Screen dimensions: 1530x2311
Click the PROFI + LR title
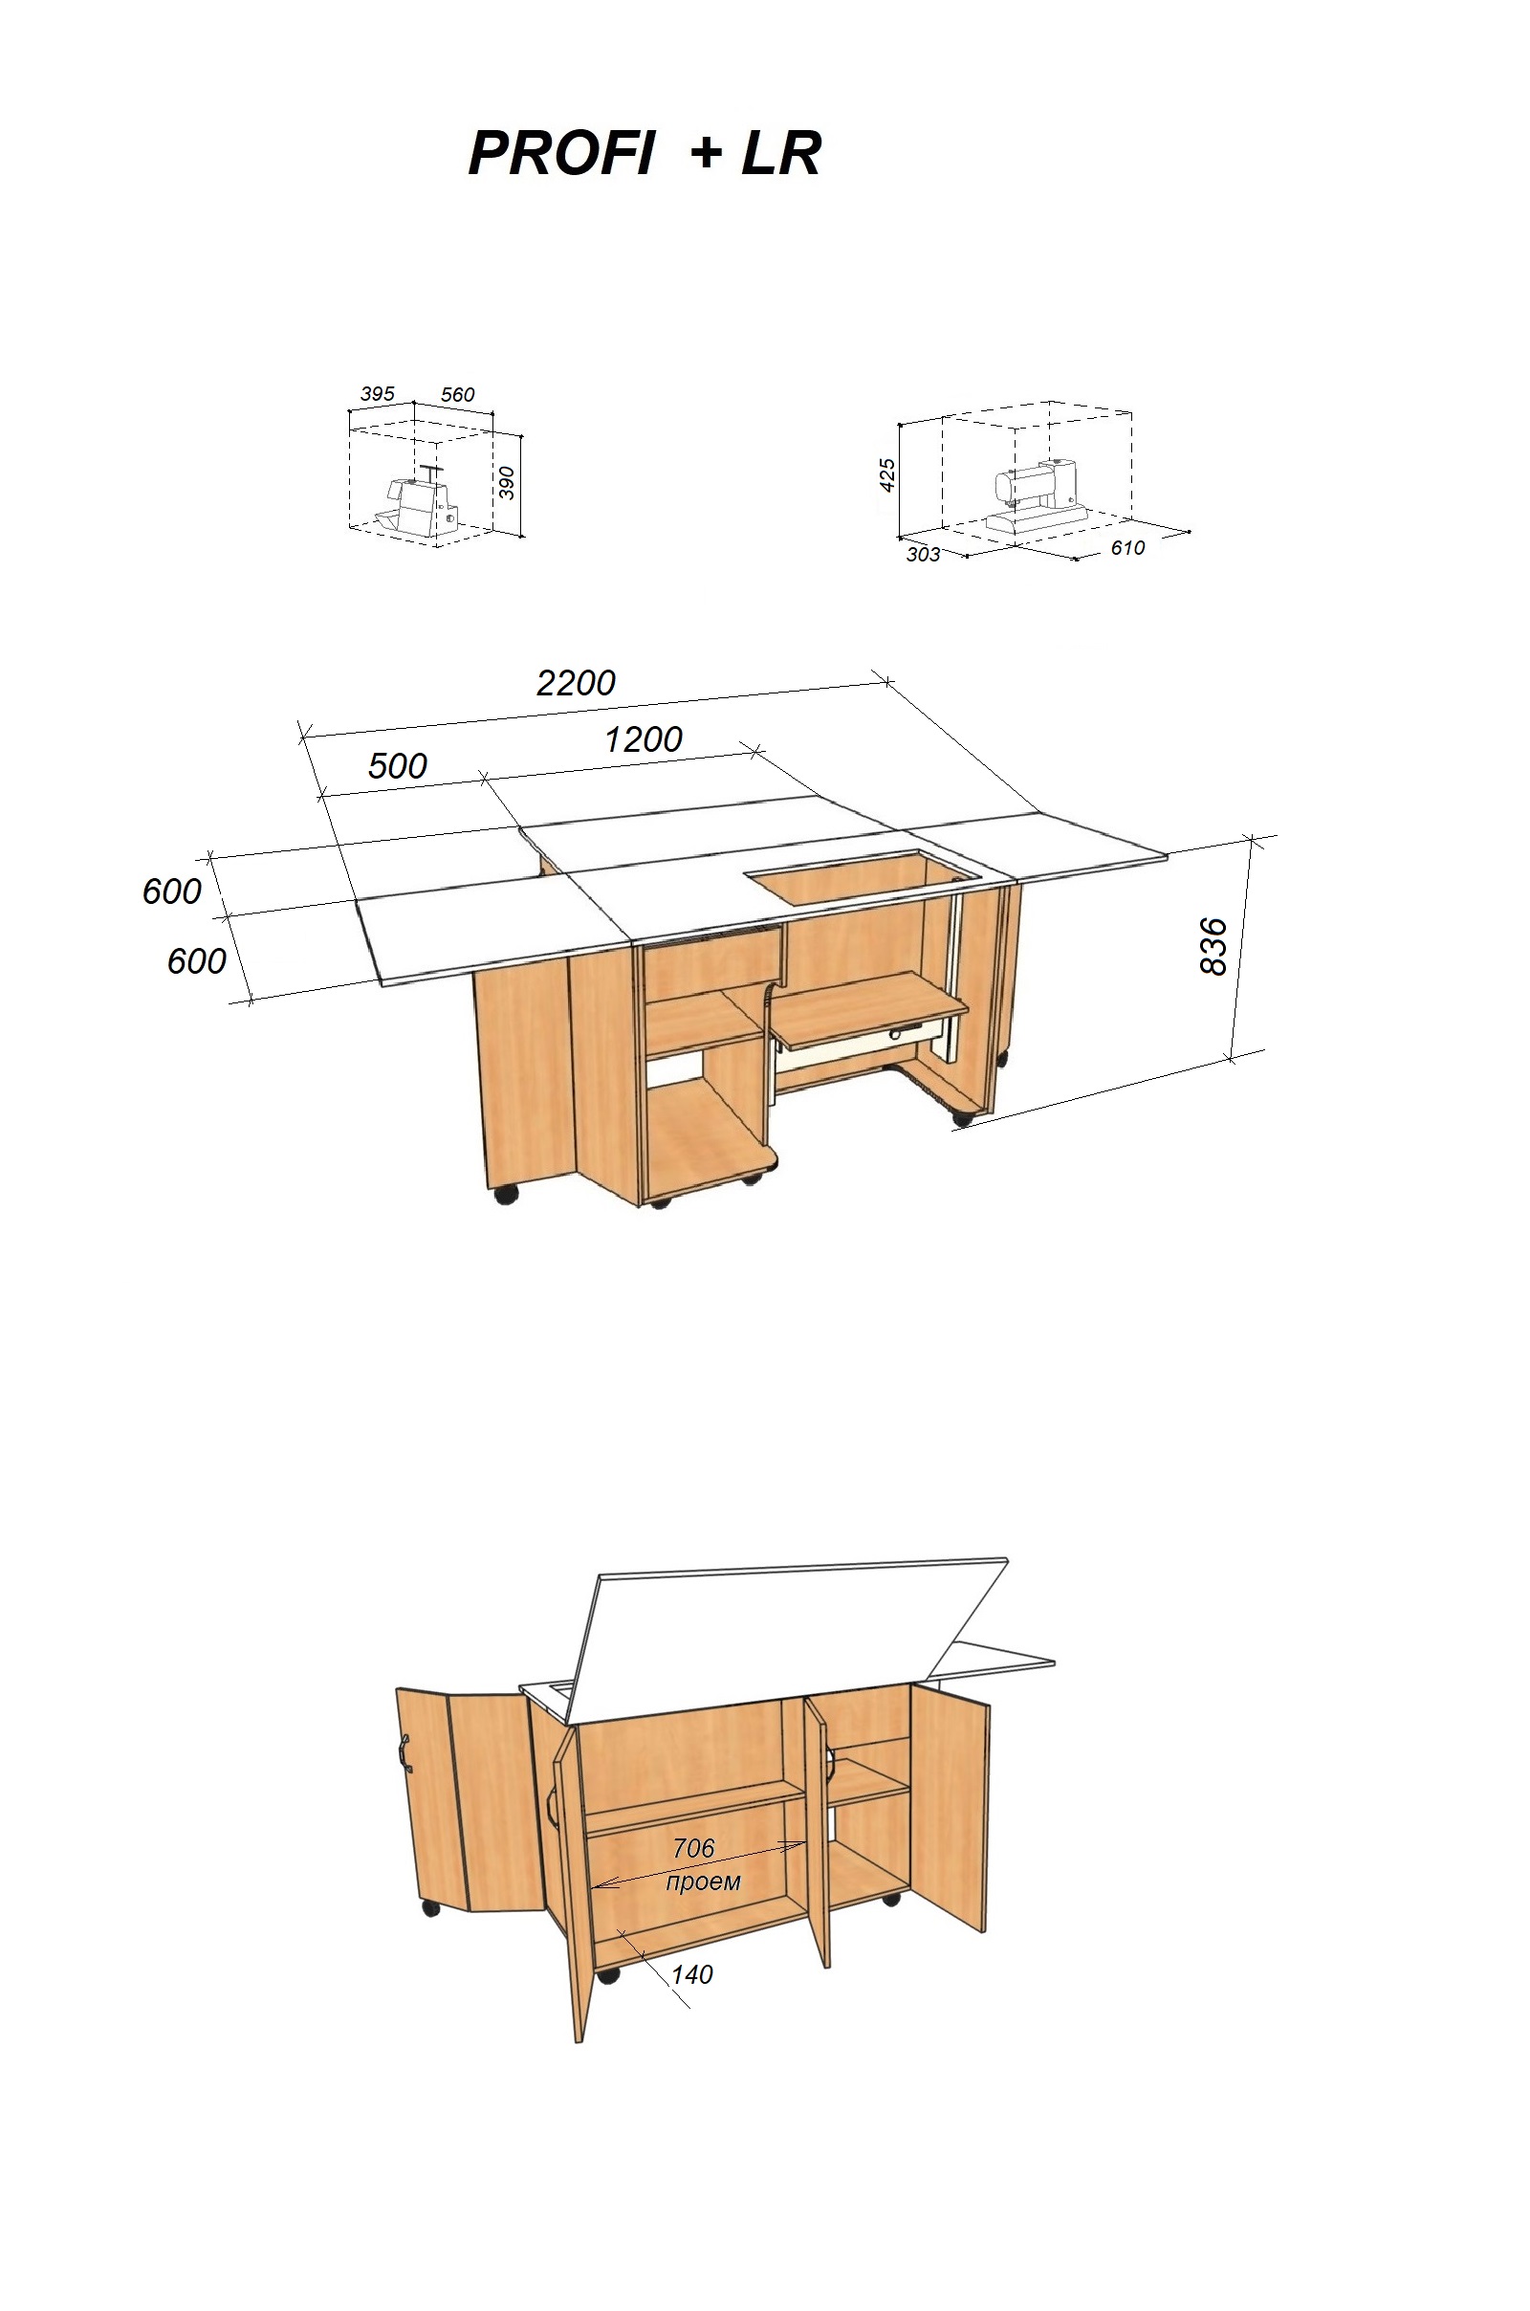click(x=645, y=153)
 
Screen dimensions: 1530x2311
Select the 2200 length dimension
click(x=576, y=682)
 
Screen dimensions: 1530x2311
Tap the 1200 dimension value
click(x=643, y=738)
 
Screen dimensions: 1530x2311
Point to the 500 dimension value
click(x=397, y=765)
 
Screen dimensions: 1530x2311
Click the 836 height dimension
click(x=1213, y=945)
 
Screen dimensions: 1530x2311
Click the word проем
click(x=703, y=1881)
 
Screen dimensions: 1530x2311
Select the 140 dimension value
click(x=691, y=1974)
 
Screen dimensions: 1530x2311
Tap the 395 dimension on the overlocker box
click(x=378, y=393)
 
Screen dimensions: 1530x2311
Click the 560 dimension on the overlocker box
click(x=457, y=394)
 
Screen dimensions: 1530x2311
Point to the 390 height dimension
click(x=507, y=482)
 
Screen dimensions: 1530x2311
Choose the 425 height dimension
click(x=887, y=475)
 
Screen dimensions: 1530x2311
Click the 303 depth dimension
click(x=923, y=555)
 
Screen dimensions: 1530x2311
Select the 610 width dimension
click(x=1127, y=547)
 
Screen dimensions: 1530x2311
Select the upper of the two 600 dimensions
click(x=172, y=891)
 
